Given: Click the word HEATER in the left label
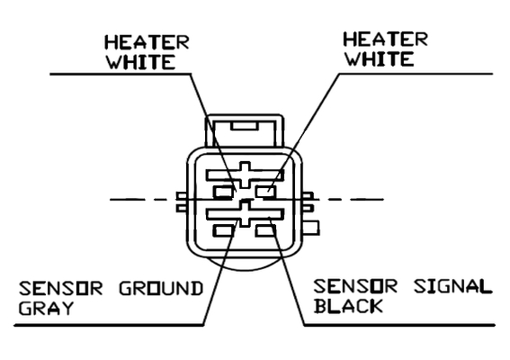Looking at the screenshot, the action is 147,42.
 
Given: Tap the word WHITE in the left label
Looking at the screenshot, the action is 141,62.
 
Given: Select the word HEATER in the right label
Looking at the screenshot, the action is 386,40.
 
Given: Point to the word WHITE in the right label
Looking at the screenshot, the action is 380,58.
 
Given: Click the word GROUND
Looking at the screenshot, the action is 161,288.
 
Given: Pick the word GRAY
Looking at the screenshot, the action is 46,308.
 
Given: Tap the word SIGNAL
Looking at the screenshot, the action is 452,286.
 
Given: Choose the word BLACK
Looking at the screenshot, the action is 349,306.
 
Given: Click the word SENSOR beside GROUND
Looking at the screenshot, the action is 60,288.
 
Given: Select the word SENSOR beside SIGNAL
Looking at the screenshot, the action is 355,286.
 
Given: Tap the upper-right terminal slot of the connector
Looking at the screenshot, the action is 266,192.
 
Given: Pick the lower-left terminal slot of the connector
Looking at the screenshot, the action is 224,230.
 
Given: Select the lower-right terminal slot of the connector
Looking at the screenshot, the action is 265,230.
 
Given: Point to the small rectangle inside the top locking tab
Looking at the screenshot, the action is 245,126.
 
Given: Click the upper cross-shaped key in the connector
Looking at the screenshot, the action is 245,175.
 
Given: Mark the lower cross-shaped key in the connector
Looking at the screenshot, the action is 245,213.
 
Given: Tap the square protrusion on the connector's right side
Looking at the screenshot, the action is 310,228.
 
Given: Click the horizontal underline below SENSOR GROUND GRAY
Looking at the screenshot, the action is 109,325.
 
